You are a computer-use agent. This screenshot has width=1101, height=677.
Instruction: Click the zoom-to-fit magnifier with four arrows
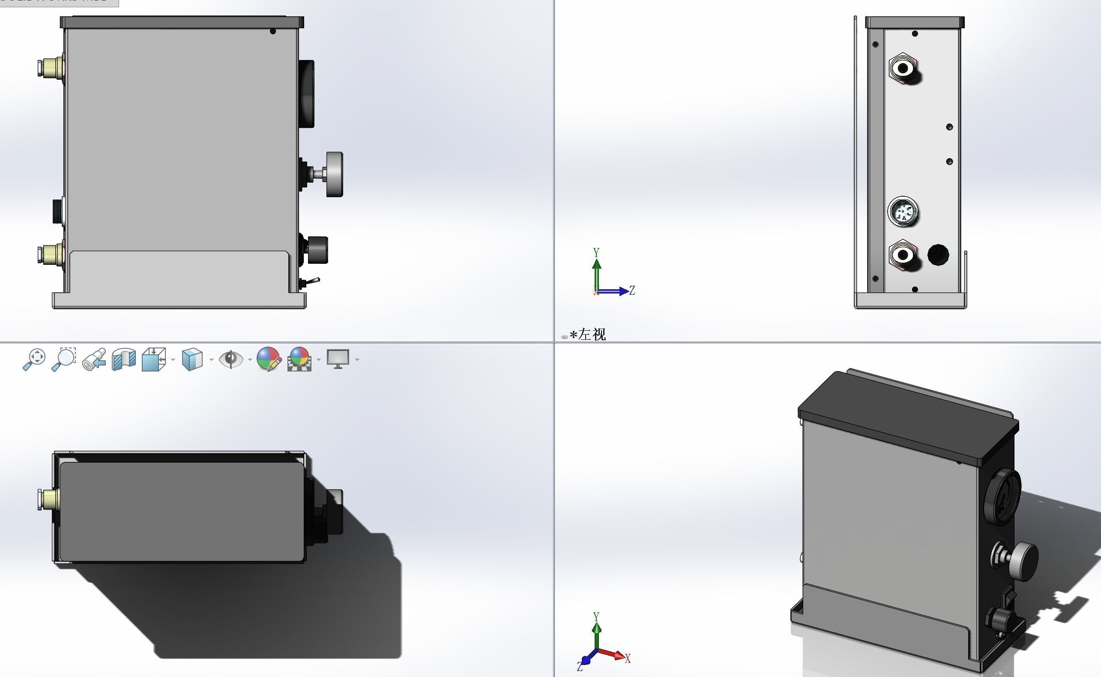pyautogui.click(x=34, y=359)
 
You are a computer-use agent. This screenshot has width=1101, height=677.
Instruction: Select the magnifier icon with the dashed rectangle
pyautogui.click(x=64, y=359)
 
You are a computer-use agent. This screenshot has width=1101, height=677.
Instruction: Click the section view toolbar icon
pyautogui.click(x=123, y=359)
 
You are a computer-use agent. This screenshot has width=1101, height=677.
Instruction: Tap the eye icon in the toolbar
pyautogui.click(x=230, y=359)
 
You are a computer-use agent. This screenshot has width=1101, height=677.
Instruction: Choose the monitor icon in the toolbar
pyautogui.click(x=338, y=359)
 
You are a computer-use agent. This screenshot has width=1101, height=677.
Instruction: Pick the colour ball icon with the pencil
pyautogui.click(x=269, y=359)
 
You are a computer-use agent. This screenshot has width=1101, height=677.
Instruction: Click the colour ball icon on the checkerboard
pyautogui.click(x=299, y=359)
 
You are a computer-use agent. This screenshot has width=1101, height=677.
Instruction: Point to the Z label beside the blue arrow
pyautogui.click(x=632, y=290)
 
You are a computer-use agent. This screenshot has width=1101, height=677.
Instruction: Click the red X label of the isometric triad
pyautogui.click(x=628, y=659)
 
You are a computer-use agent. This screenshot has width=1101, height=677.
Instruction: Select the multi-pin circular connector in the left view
pyautogui.click(x=902, y=212)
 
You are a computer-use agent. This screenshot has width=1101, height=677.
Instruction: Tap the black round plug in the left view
pyautogui.click(x=938, y=255)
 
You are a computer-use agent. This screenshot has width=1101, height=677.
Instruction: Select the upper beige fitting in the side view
pyautogui.click(x=51, y=67)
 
